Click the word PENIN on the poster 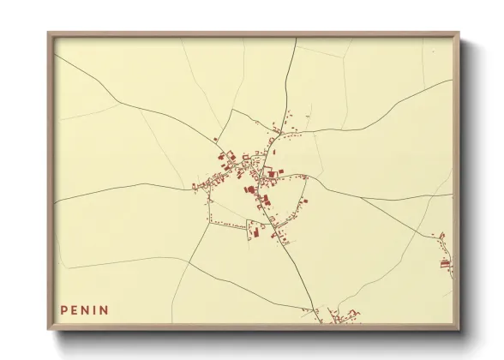pos(85,309)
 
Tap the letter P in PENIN pos(64,309)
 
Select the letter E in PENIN pos(75,309)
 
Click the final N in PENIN pos(105,309)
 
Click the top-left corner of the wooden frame pos(48,33)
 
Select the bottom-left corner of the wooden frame pos(48,330)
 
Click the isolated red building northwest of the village pos(214,140)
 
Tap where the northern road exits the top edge pos(296,39)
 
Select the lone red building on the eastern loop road pos(304,201)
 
